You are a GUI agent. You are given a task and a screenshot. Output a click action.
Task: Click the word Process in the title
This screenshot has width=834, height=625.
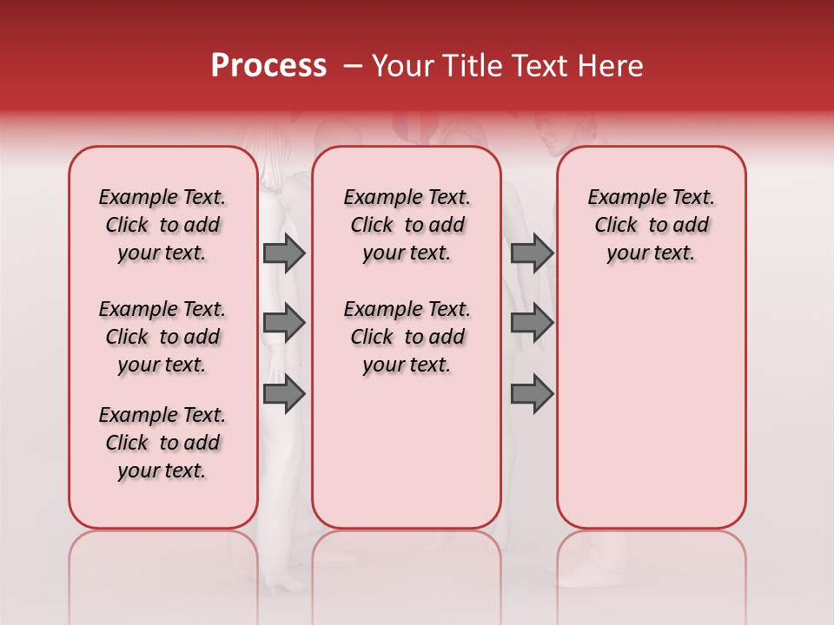point(268,66)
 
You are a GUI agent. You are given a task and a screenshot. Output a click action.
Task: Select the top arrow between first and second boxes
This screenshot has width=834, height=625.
point(284,253)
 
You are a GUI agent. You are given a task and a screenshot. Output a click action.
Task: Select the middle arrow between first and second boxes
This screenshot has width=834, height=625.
point(284,323)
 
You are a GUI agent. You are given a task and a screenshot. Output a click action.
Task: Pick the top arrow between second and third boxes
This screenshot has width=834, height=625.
point(532,253)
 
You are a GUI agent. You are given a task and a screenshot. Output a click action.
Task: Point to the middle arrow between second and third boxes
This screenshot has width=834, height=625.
point(532,323)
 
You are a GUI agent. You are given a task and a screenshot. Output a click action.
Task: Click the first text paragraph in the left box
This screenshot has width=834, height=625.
point(162,225)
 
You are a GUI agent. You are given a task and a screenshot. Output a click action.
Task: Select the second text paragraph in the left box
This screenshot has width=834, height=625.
point(162,337)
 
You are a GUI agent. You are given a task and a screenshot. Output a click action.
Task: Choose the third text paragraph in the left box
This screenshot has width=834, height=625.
point(162,443)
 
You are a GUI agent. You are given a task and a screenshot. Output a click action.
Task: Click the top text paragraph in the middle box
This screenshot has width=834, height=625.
point(407,225)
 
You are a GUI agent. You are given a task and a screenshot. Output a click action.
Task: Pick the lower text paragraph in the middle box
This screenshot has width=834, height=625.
point(407,337)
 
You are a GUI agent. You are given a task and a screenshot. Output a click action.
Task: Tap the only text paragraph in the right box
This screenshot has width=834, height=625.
point(651,225)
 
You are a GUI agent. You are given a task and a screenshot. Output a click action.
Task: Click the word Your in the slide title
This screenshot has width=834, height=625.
point(403,66)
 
